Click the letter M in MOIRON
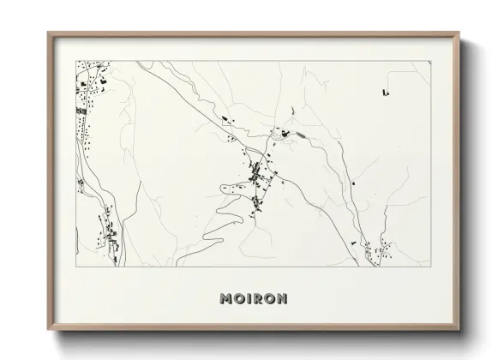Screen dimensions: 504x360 pyautogui.click(x=225, y=299)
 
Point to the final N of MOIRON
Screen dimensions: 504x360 pyautogui.click(x=282, y=299)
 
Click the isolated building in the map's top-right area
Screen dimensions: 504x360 pyautogui.click(x=386, y=91)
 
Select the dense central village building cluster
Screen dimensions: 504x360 pyautogui.click(x=256, y=176)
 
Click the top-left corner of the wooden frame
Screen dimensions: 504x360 pyautogui.click(x=47, y=33)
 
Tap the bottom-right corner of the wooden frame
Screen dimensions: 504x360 pyautogui.click(x=460, y=330)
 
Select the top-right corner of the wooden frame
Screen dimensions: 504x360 pyautogui.click(x=460, y=33)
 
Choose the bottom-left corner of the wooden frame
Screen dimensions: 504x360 pyautogui.click(x=47, y=330)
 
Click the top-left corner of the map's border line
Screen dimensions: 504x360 pyautogui.click(x=76, y=61)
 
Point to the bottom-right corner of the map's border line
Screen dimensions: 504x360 pyautogui.click(x=430, y=267)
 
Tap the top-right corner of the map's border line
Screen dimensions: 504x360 pyautogui.click(x=430, y=61)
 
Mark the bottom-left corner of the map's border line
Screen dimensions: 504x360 pyautogui.click(x=76, y=267)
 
